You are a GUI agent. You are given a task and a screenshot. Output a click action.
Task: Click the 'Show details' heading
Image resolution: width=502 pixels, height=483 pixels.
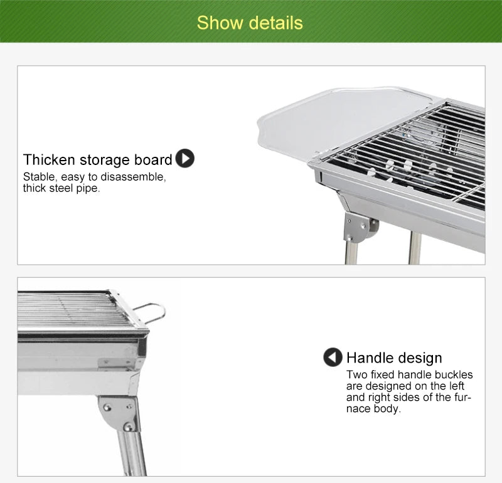pos(250,23)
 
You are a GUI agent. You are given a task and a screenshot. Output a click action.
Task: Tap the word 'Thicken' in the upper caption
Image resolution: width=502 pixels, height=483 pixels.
pos(49,160)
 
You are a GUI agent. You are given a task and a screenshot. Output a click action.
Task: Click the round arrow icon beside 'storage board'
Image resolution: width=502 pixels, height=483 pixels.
pos(184,159)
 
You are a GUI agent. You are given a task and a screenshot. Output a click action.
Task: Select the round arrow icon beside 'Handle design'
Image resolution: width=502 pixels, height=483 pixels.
pos(333,358)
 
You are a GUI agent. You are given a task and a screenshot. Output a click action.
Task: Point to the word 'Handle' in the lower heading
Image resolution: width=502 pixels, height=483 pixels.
pos(369,358)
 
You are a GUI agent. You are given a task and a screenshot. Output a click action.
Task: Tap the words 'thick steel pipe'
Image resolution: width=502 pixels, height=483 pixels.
pos(61,188)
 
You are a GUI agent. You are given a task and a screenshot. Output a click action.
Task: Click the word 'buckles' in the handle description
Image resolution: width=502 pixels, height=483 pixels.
pos(452,375)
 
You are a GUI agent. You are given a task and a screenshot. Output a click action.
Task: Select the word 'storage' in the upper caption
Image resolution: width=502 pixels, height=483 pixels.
pos(105,160)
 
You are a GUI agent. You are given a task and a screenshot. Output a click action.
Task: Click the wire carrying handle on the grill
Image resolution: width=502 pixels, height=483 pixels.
pos(151,312)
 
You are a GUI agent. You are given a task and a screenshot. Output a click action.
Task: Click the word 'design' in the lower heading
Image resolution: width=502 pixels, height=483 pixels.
pos(419,358)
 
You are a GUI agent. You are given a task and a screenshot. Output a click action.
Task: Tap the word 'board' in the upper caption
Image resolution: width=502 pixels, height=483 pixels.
pos(153,160)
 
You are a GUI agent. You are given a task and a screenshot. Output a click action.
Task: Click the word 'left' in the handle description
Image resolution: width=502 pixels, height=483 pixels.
pos(454,386)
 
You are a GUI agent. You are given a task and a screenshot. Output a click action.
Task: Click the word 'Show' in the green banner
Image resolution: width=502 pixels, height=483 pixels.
pos(216,23)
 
